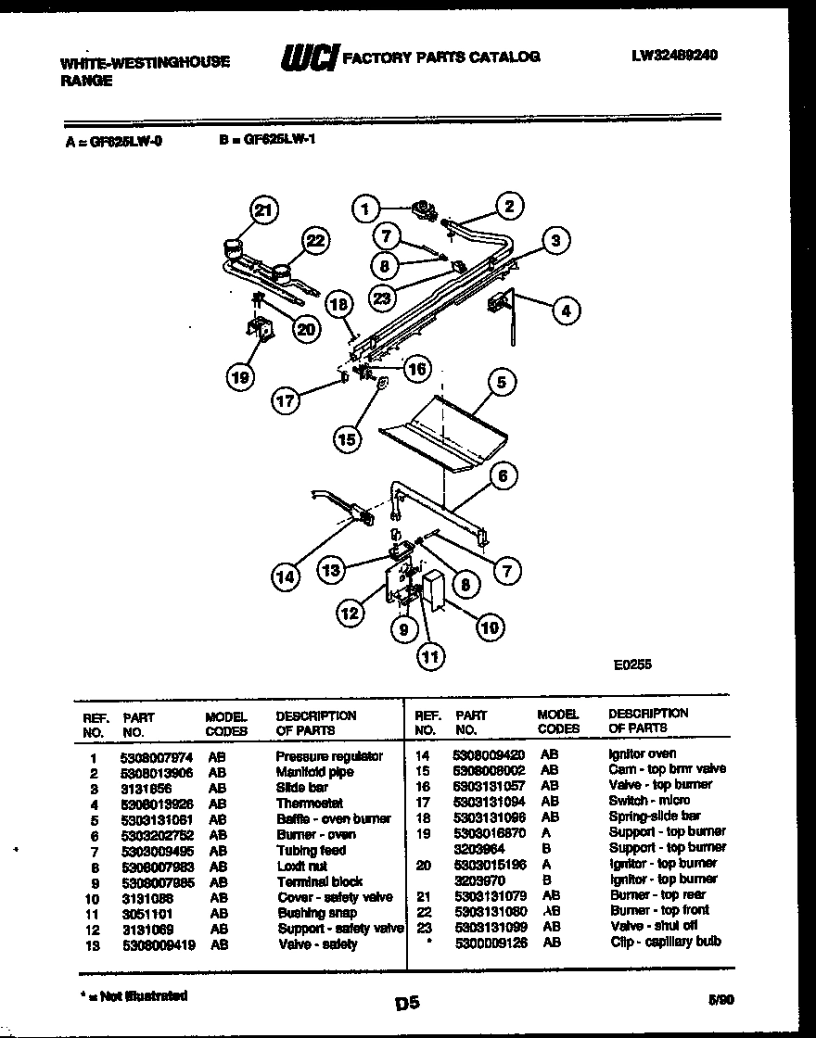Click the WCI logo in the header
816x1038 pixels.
tap(309, 57)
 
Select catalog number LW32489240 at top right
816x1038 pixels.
tap(674, 56)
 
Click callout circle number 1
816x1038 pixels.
tap(367, 209)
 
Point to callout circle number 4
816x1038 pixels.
tap(564, 310)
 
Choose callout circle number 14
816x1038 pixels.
tap(287, 576)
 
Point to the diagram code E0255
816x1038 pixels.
tap(631, 664)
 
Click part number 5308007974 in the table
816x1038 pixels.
tap(156, 757)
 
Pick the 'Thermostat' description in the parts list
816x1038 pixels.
tap(309, 804)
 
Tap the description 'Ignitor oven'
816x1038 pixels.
tap(642, 753)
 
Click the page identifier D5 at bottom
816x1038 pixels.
tap(407, 1002)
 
